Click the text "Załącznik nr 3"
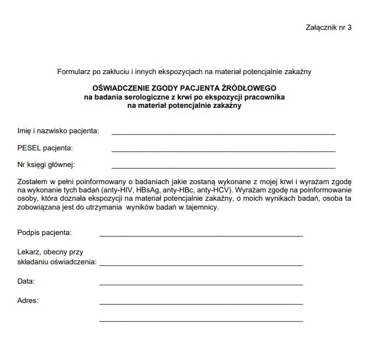pos(328,27)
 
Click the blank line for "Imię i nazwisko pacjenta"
pos(223,133)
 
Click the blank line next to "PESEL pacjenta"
pos(223,150)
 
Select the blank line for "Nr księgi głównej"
pos(223,166)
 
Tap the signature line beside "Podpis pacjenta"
pos(201,235)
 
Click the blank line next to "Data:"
pos(201,284)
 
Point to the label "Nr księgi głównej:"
pos(46,165)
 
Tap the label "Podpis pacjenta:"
pos(45,233)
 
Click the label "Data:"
pos(26,281)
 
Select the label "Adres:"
pos(28,301)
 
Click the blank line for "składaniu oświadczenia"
pos(201,265)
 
